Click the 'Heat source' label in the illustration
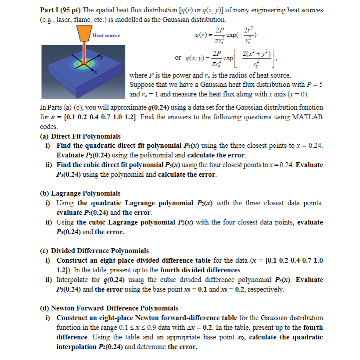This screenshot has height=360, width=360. (106, 35)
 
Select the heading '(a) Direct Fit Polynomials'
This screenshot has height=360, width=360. (80, 136)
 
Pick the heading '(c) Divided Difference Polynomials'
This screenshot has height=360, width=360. (94, 251)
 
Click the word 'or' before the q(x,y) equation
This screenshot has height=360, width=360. (178, 57)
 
